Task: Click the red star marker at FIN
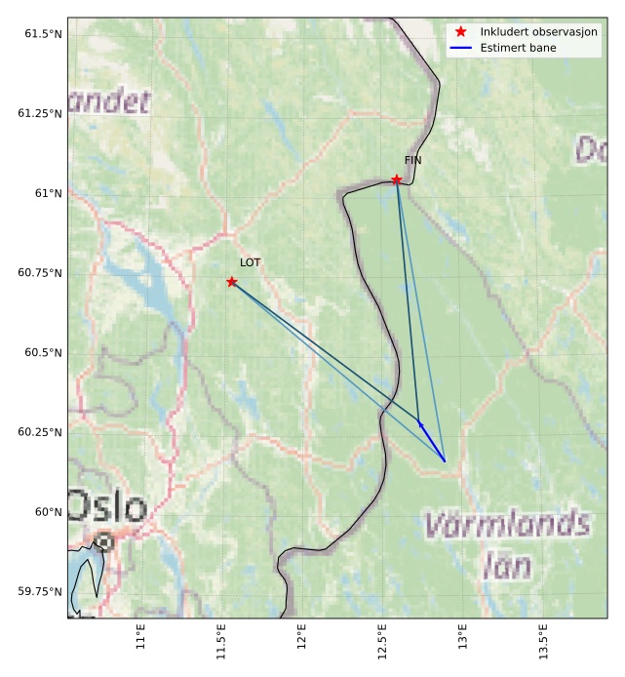point(396,179)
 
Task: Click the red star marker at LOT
point(231,282)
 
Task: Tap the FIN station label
point(413,160)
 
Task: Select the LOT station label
point(251,262)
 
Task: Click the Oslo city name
point(107,507)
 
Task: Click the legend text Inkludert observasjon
point(538,32)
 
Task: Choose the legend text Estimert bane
point(517,47)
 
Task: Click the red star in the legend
point(461,32)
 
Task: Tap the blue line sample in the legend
point(461,47)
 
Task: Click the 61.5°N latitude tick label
point(40,34)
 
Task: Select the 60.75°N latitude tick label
point(40,273)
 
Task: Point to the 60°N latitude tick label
point(48,512)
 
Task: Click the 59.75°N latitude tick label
point(40,591)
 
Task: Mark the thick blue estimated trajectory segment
point(432,442)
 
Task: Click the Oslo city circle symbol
point(103,540)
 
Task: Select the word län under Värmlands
point(507,566)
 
